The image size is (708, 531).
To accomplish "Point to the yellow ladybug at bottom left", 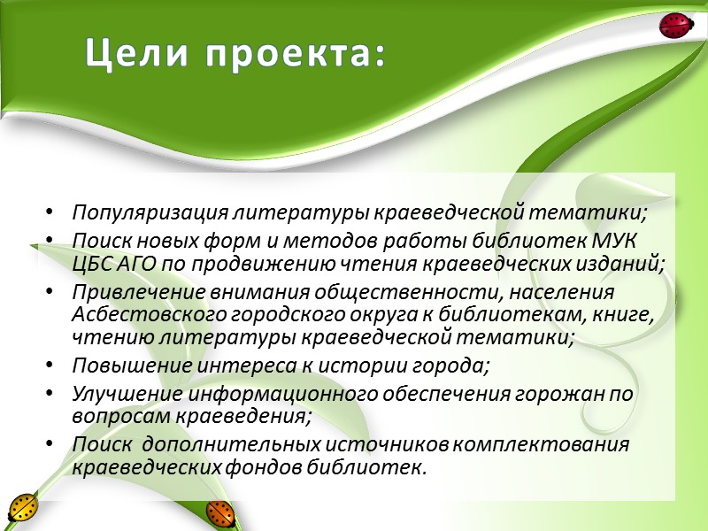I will click(x=21, y=508).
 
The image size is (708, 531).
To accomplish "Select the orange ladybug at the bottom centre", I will click(x=219, y=512).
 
